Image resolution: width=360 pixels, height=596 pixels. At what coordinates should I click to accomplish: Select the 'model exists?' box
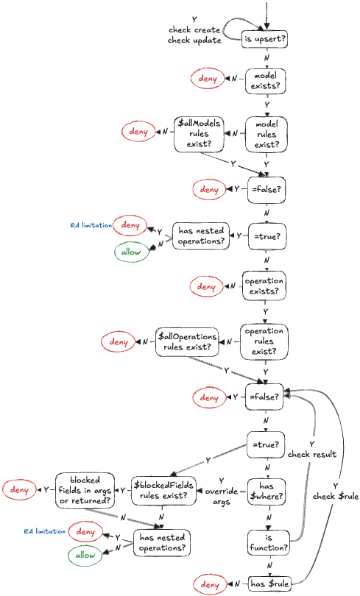[265, 82]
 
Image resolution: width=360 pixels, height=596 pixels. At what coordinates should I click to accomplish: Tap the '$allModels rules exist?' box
[199, 134]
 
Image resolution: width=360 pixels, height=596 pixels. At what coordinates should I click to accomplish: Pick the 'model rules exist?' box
[265, 134]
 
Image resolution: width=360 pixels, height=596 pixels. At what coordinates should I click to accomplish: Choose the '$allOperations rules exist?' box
[187, 342]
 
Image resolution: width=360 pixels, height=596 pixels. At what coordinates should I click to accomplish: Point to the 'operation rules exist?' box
[265, 342]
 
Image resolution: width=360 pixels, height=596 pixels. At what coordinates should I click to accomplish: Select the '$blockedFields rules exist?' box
[166, 489]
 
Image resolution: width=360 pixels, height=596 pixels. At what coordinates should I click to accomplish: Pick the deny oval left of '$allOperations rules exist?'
[118, 341]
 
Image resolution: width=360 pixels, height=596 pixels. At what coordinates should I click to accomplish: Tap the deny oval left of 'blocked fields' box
[20, 489]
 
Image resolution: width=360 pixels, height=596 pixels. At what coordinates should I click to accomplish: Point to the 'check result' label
[312, 449]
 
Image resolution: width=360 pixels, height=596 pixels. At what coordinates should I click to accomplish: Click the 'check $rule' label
[335, 492]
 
